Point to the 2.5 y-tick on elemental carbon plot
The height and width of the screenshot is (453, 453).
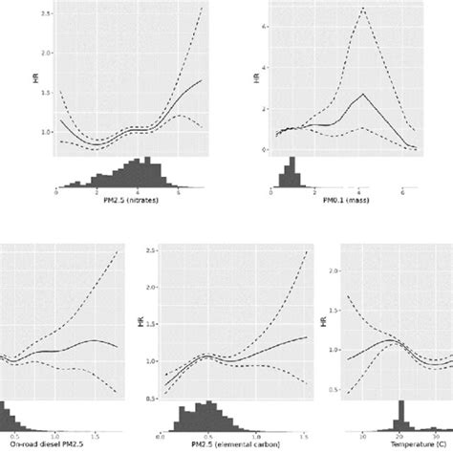coord(151,251)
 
